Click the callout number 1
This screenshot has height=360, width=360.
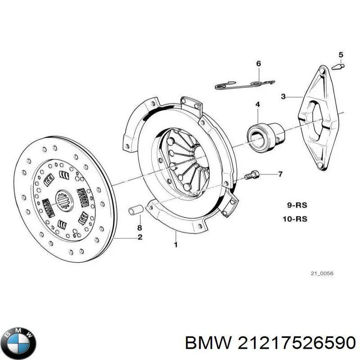click(176, 245)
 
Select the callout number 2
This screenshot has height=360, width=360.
click(140, 237)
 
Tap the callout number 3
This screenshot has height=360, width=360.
click(283, 96)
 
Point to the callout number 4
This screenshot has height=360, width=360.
click(257, 105)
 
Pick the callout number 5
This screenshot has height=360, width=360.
click(341, 55)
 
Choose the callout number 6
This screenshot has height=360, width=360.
click(258, 64)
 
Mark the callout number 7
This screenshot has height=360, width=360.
click(280, 174)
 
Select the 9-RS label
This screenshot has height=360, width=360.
click(297, 205)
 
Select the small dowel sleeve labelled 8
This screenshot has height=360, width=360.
click(136, 210)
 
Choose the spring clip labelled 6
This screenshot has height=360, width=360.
click(245, 84)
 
